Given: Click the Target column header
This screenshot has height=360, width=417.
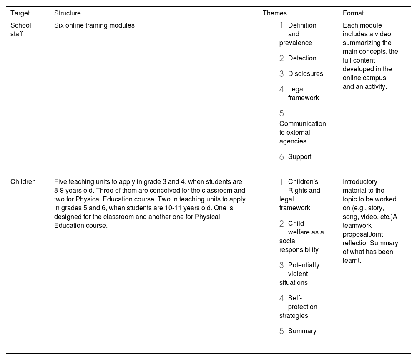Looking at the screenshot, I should (x=20, y=13).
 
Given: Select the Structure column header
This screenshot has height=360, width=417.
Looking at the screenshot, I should (x=68, y=13).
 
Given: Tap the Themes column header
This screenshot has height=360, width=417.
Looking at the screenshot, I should (x=275, y=13).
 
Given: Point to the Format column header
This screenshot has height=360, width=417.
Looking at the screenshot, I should (x=353, y=13).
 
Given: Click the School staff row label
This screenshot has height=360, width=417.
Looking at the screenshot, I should (x=21, y=30).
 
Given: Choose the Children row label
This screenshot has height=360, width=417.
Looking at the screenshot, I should (x=23, y=182).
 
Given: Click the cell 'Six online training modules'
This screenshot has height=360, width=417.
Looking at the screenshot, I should (x=94, y=25).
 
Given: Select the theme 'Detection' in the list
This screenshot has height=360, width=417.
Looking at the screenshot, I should (x=302, y=58).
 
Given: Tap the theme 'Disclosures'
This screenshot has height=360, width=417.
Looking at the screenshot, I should (x=305, y=74).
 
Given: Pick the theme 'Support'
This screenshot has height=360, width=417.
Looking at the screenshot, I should (x=299, y=157).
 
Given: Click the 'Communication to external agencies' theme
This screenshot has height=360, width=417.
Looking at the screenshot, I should (x=302, y=132).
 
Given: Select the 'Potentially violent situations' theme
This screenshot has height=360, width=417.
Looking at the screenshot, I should (x=299, y=274).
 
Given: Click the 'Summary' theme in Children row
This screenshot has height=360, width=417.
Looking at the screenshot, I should (x=302, y=331).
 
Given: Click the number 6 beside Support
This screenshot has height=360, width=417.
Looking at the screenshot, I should (x=281, y=157).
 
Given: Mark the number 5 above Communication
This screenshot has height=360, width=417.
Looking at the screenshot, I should (x=281, y=113).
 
